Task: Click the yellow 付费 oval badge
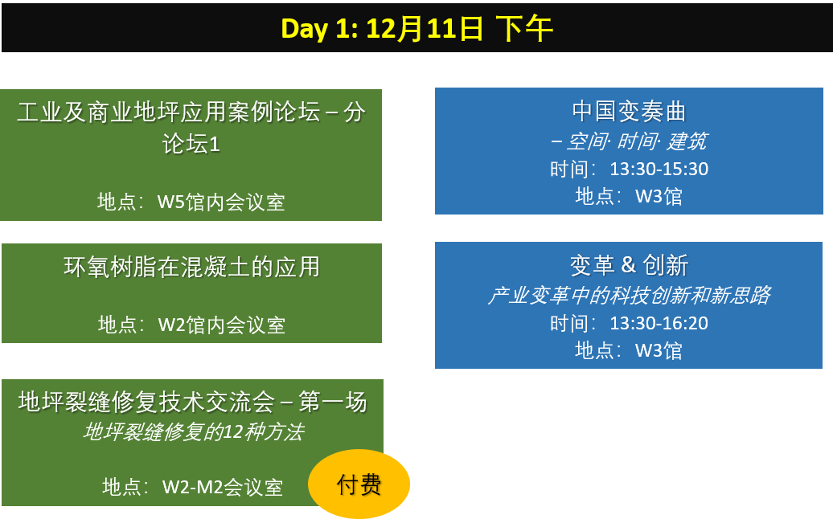coord(359,484)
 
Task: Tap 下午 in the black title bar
coord(524,29)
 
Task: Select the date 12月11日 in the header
coord(425,29)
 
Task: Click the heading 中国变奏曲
coord(629,112)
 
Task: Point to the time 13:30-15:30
coord(659,169)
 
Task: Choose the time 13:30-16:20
coord(659,323)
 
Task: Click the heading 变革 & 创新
coord(629,265)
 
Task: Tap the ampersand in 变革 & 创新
coord(629,264)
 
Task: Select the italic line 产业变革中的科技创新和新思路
coord(629,295)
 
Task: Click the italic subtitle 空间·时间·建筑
coord(629,141)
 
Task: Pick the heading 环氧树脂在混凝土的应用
coord(192,267)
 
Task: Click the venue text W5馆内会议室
coord(221,202)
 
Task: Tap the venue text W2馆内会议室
coord(222,325)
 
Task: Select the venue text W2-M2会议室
coord(223,487)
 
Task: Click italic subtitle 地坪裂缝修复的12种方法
coord(193,432)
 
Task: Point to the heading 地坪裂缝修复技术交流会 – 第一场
coord(192,402)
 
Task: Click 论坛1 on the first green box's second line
coord(191,145)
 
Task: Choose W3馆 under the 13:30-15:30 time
coord(659,196)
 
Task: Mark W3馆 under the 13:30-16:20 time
coord(659,350)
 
